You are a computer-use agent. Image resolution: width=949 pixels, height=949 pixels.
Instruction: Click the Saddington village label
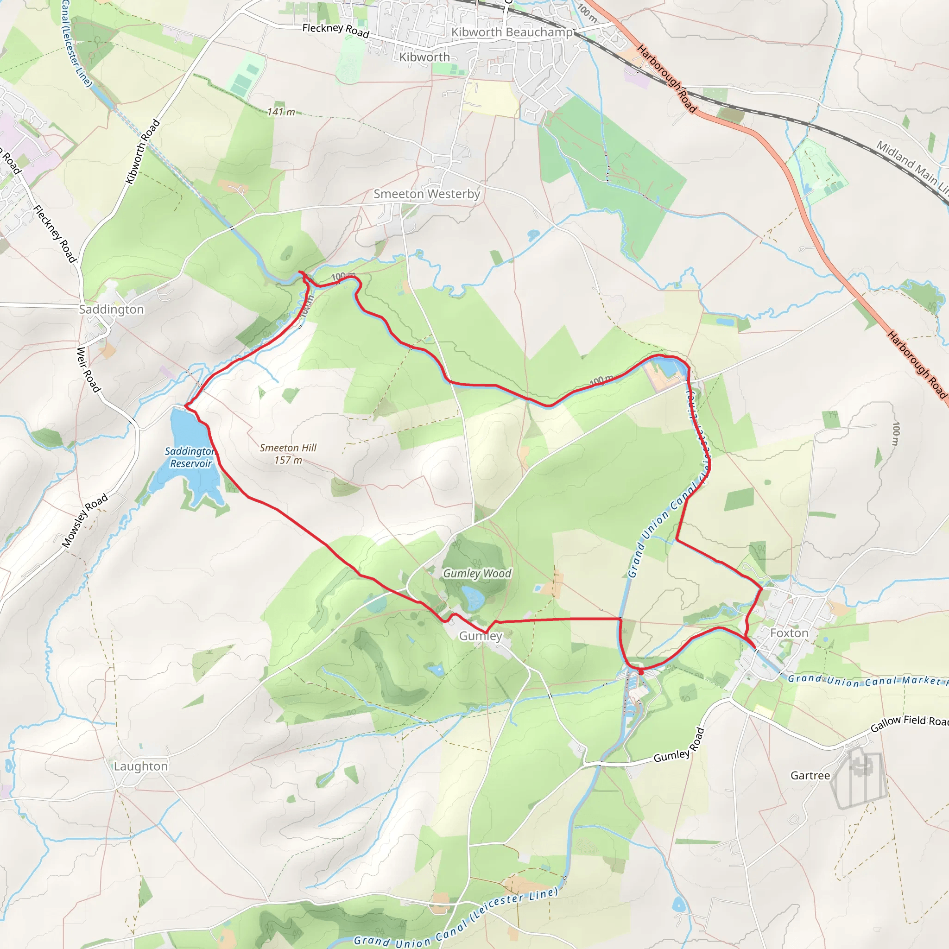point(112,310)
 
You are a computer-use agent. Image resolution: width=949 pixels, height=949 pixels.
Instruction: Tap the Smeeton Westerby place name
point(427,194)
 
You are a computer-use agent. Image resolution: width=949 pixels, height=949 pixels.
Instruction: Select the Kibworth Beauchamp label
point(512,32)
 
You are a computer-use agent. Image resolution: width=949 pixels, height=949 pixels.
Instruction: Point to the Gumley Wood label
point(477,573)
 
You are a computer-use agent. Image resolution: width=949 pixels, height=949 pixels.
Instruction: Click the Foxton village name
point(789,633)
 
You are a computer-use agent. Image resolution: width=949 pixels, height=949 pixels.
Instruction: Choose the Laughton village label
point(140,766)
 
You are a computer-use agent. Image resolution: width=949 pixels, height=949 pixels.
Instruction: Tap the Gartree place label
point(810,775)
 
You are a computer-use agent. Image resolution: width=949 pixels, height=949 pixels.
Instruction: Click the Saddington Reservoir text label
point(190,457)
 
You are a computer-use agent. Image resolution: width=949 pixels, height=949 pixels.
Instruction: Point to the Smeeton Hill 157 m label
point(288,454)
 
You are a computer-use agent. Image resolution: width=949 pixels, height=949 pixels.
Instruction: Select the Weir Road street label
point(89,369)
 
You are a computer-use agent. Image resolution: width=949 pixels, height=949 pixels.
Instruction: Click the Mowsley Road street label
point(85,521)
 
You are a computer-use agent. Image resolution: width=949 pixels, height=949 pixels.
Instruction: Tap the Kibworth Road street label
point(142,152)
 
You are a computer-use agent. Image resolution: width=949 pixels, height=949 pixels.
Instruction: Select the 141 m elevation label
point(281,112)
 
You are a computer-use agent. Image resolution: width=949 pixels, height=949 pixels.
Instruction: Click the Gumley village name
point(481,636)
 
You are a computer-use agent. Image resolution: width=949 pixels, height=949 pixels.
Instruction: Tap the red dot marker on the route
point(640,671)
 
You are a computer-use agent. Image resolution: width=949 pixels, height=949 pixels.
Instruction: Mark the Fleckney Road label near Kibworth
point(335,31)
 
